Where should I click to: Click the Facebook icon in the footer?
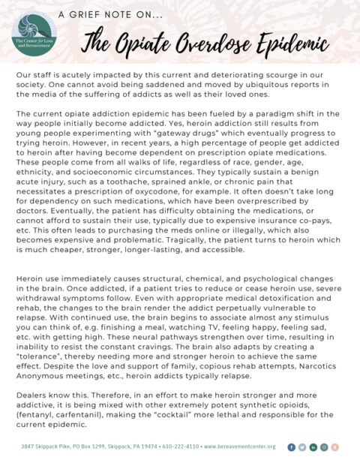click(x=292, y=446)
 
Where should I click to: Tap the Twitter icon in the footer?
click(x=302, y=446)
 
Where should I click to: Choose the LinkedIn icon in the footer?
click(x=313, y=446)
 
